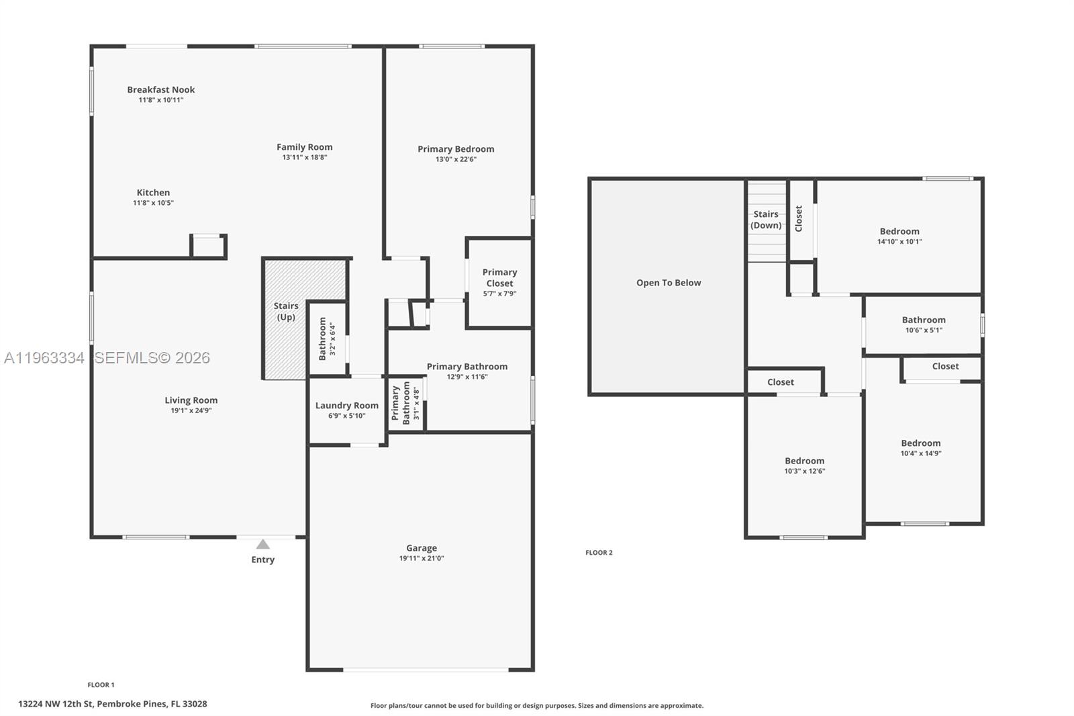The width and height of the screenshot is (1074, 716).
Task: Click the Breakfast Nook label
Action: pyautogui.click(x=160, y=89)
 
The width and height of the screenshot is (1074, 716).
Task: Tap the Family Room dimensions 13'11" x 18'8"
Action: pyautogui.click(x=304, y=157)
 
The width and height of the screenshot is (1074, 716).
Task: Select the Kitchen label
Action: pyautogui.click(x=153, y=192)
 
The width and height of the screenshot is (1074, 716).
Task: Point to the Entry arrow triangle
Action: pyautogui.click(x=263, y=544)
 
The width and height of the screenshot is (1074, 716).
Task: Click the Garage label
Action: pyautogui.click(x=421, y=548)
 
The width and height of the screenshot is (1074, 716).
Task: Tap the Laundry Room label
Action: pyautogui.click(x=346, y=405)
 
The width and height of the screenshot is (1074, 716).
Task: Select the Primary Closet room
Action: pyautogui.click(x=499, y=282)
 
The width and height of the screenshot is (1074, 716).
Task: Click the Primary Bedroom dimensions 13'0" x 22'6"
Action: pyautogui.click(x=456, y=159)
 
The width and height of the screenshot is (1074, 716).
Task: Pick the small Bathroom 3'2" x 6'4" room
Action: pyautogui.click(x=326, y=339)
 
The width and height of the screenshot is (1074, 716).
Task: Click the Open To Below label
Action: pyautogui.click(x=669, y=283)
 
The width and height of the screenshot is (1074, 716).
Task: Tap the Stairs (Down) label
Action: pyautogui.click(x=766, y=220)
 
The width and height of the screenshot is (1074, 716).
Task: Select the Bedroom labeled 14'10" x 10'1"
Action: pyautogui.click(x=899, y=236)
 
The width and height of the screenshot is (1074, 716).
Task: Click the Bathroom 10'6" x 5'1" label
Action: pyautogui.click(x=924, y=320)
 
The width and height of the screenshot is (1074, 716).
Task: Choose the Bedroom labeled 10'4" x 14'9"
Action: pyautogui.click(x=920, y=447)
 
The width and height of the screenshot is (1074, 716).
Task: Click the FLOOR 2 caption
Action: pyautogui.click(x=599, y=553)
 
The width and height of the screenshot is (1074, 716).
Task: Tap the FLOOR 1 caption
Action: pyautogui.click(x=101, y=685)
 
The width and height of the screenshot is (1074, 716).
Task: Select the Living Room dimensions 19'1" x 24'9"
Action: pyautogui.click(x=191, y=410)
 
